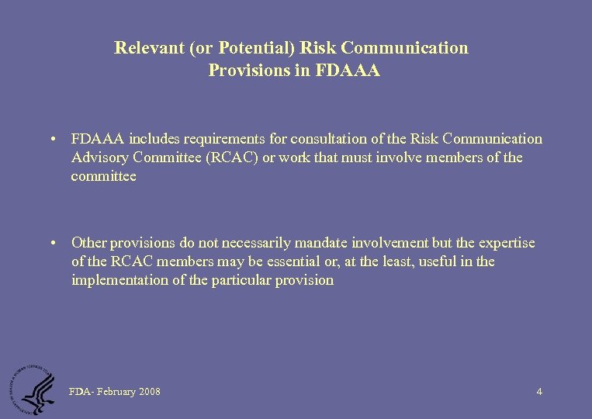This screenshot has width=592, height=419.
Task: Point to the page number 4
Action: click(x=539, y=392)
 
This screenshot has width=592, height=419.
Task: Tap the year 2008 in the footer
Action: click(x=150, y=392)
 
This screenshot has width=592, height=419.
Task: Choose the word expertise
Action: click(x=505, y=243)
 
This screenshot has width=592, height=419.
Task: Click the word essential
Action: click(x=285, y=261)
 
